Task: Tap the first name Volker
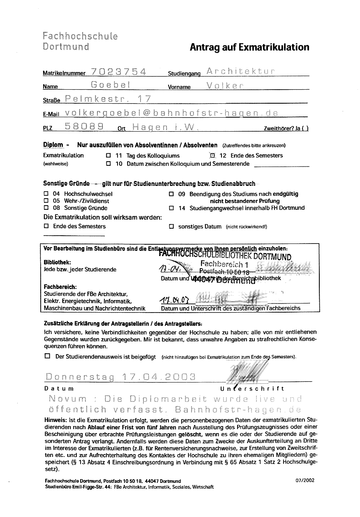click(x=226, y=86)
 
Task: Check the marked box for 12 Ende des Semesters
click(x=212, y=155)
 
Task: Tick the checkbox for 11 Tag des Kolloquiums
click(x=108, y=156)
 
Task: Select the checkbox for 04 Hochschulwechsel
click(x=46, y=194)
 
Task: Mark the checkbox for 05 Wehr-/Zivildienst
click(x=46, y=201)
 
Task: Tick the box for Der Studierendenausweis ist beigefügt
click(x=47, y=356)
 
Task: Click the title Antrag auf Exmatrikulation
click(x=249, y=47)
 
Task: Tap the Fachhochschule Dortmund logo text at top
click(x=80, y=41)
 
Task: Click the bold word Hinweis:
click(x=55, y=420)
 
